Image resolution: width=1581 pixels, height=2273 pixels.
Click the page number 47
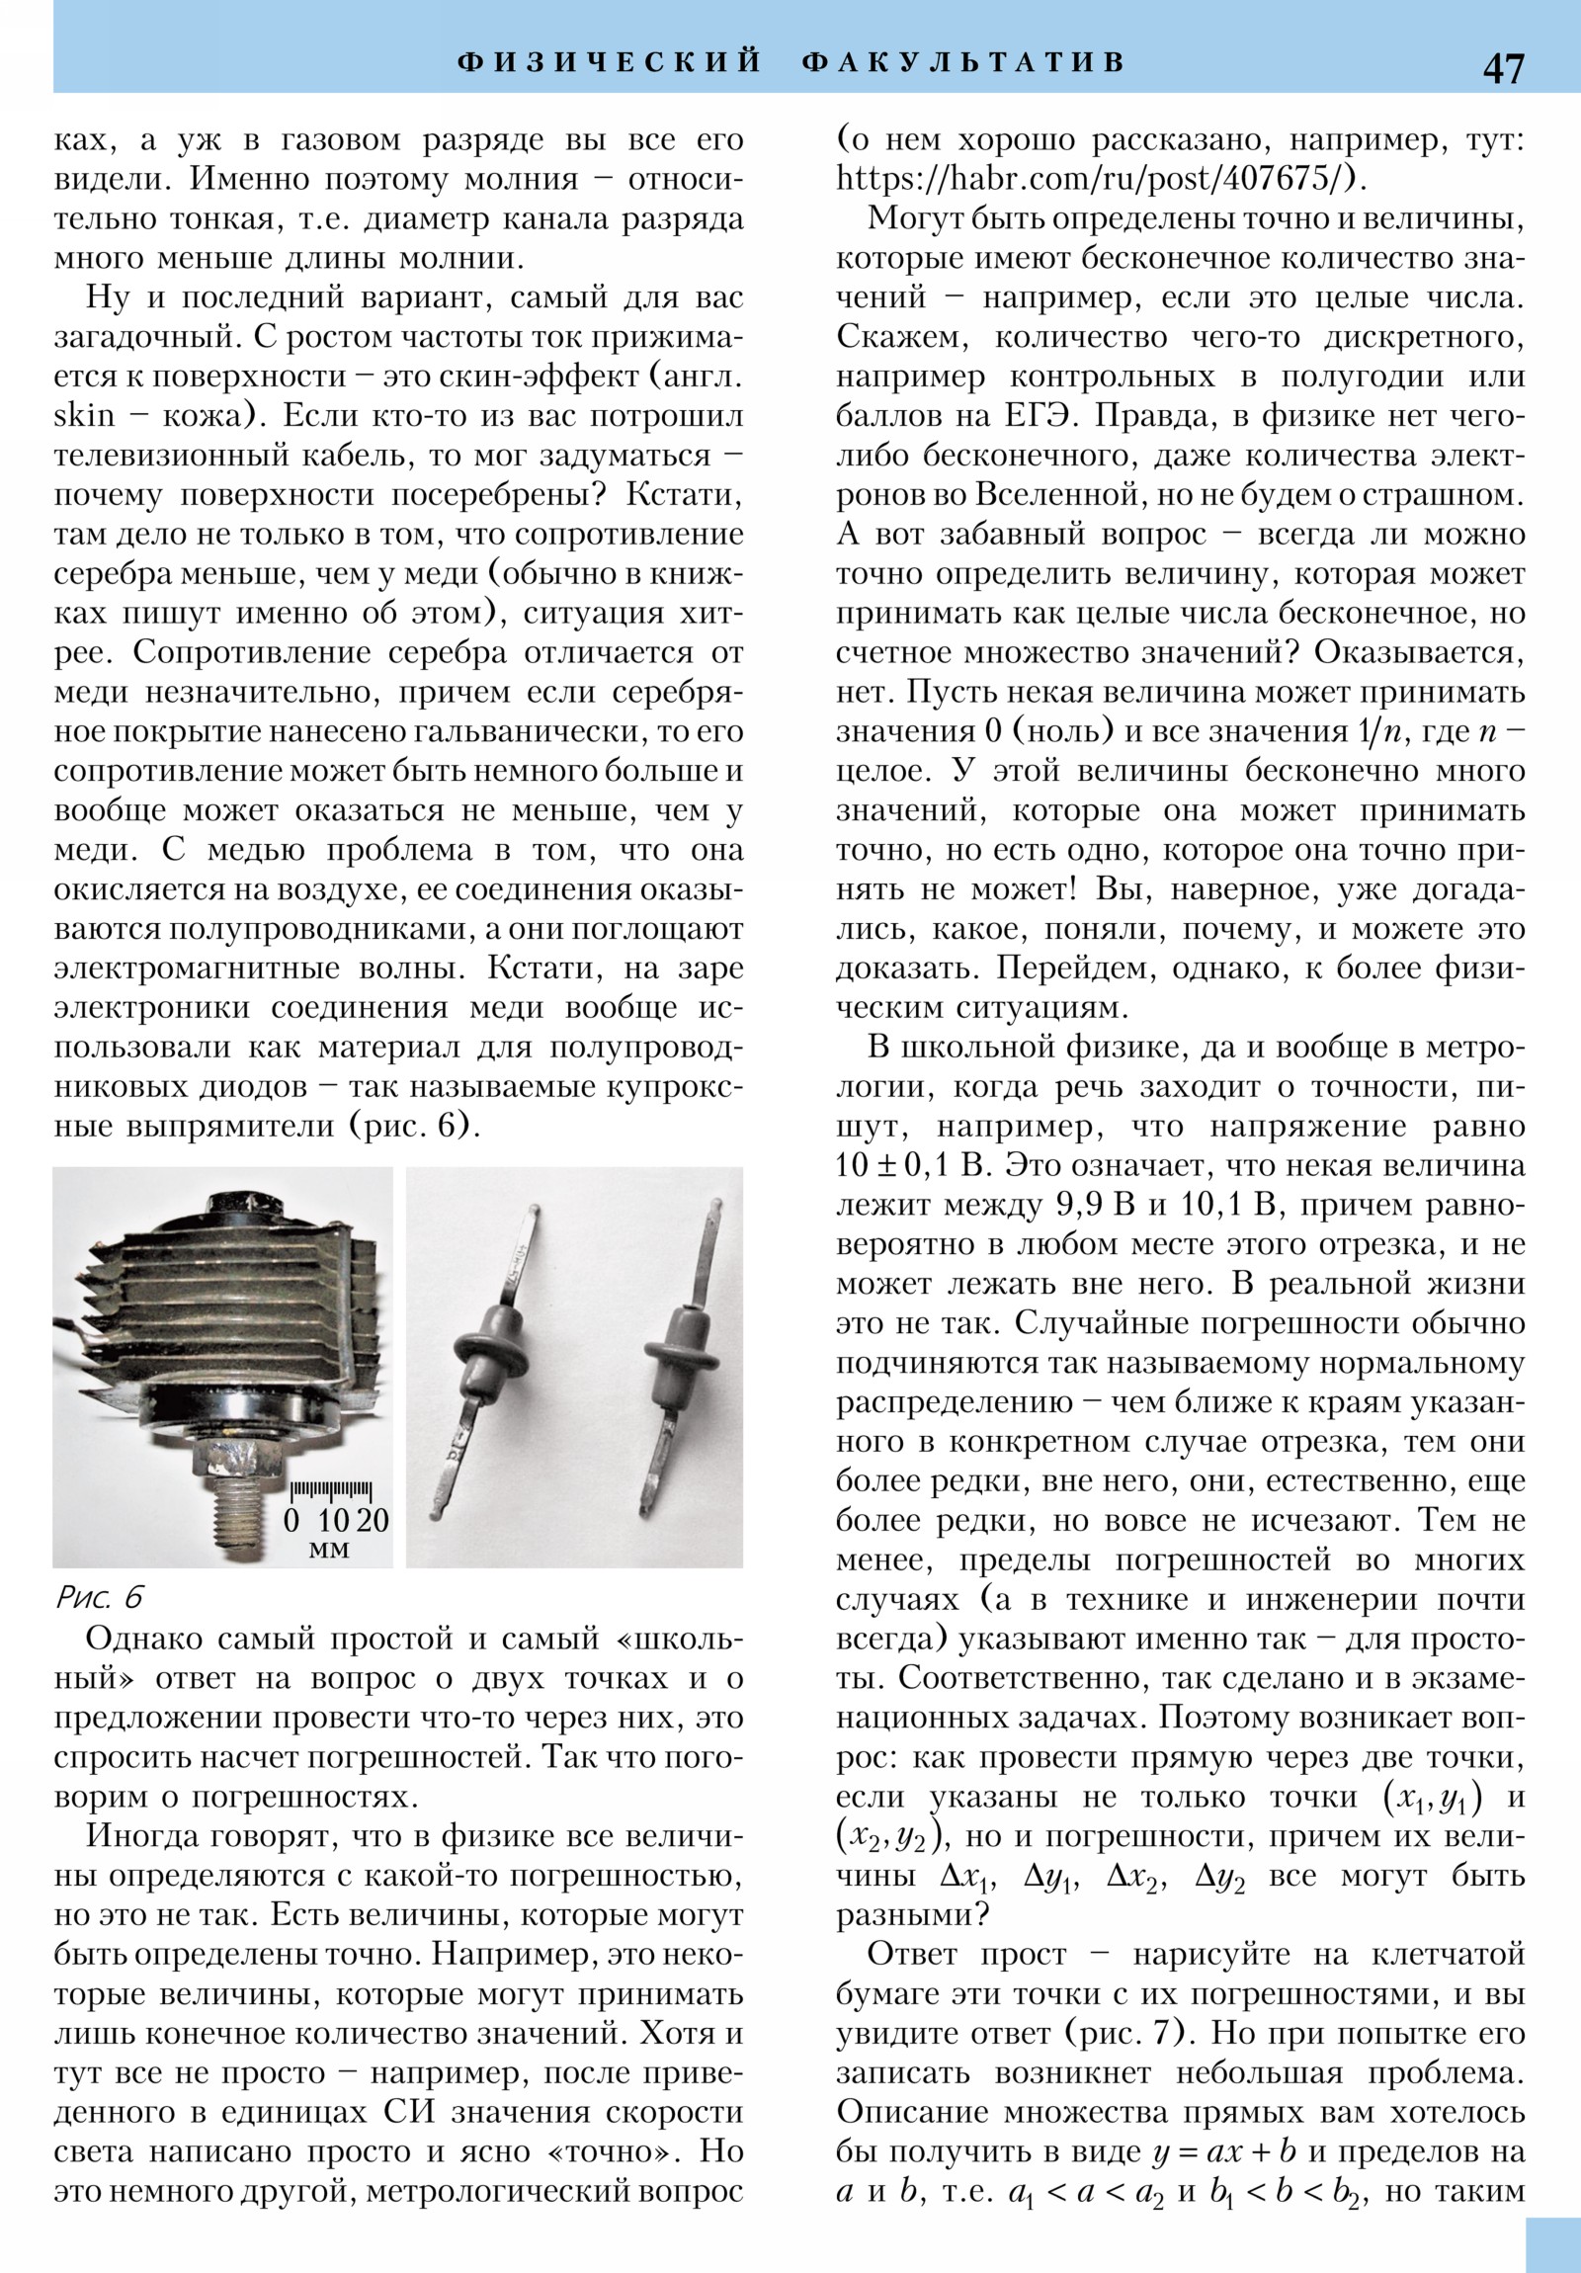[x=1503, y=67]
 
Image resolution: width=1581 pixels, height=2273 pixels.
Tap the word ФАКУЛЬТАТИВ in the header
[x=963, y=62]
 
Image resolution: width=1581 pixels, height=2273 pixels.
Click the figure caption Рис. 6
[x=100, y=1597]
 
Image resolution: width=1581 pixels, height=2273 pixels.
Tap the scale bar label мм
[x=329, y=1549]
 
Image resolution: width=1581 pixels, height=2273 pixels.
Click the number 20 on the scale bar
[x=372, y=1521]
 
